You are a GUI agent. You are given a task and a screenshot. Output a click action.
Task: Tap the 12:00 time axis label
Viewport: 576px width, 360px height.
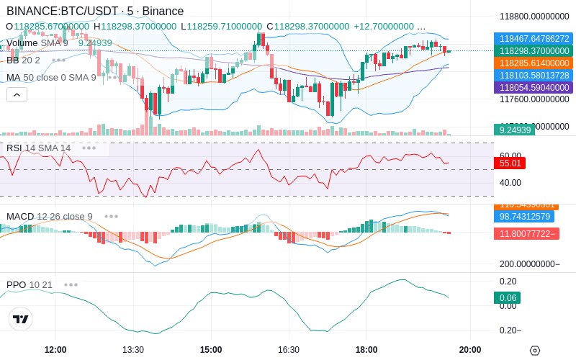pyautogui.click(x=55, y=349)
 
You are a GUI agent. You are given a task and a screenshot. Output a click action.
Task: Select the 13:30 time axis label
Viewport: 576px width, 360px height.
pyautogui.click(x=133, y=349)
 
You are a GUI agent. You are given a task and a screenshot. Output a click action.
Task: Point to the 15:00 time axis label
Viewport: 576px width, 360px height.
pyautogui.click(x=211, y=349)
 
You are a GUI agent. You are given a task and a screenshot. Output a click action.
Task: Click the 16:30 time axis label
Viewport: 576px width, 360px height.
pyautogui.click(x=289, y=349)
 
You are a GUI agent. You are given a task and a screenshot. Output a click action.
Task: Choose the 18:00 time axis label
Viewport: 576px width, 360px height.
pyautogui.click(x=366, y=349)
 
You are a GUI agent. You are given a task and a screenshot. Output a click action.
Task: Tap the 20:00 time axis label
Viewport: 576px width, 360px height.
pyautogui.click(x=470, y=349)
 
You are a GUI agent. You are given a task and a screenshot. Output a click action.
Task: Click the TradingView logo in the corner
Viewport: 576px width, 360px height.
pyautogui.click(x=21, y=319)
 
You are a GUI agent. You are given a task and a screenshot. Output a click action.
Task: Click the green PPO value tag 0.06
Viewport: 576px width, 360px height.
pyautogui.click(x=507, y=297)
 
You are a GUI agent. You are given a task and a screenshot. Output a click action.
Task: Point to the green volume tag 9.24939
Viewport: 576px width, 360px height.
pyautogui.click(x=514, y=130)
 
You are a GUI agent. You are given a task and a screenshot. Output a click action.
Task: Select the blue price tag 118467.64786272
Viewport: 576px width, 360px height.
pyautogui.click(x=532, y=39)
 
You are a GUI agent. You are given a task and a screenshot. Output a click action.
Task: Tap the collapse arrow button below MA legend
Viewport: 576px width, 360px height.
pyautogui.click(x=17, y=94)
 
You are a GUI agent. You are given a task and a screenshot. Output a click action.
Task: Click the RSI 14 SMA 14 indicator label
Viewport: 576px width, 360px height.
pyautogui.click(x=39, y=148)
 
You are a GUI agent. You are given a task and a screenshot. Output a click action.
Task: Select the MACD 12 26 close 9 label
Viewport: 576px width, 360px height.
pyautogui.click(x=49, y=216)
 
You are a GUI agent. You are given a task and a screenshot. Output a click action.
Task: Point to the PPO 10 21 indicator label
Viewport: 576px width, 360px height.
pyautogui.click(x=30, y=284)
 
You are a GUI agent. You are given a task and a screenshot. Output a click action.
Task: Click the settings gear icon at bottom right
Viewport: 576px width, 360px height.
pyautogui.click(x=534, y=350)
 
